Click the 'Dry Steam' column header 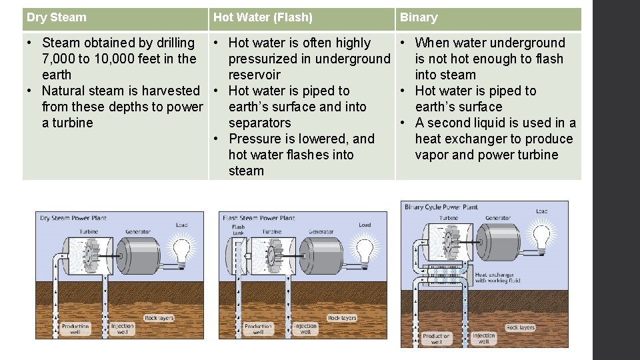point(57,17)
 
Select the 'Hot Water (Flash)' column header point(263,17)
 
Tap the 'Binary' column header point(419,17)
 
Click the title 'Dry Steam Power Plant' point(73,218)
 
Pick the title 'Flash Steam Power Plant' point(259,218)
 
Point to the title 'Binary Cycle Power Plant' point(441,207)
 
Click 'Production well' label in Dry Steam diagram point(75,329)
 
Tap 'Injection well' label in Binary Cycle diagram point(484,339)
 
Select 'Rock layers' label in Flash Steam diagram point(343,319)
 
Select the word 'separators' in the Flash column point(259,123)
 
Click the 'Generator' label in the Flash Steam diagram point(321,232)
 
